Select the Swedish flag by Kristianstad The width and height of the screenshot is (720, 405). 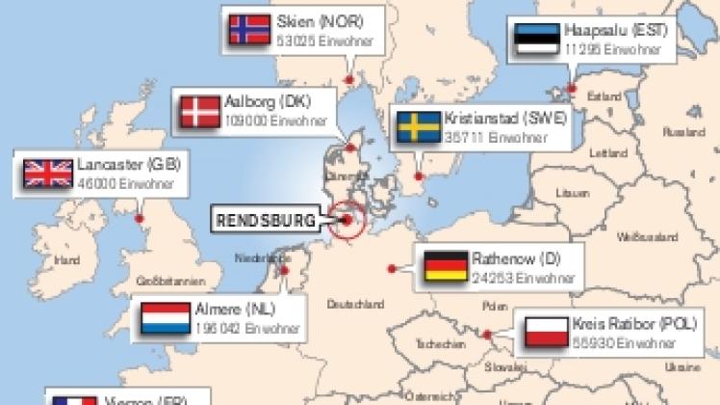tap(417, 127)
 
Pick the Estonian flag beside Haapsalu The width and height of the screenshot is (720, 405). tap(537, 38)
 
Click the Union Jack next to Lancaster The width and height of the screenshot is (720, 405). tap(48, 173)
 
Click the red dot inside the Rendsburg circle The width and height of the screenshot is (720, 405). tap(347, 220)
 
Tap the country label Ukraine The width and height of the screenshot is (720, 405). tap(684, 366)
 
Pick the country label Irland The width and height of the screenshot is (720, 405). tap(66, 260)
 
